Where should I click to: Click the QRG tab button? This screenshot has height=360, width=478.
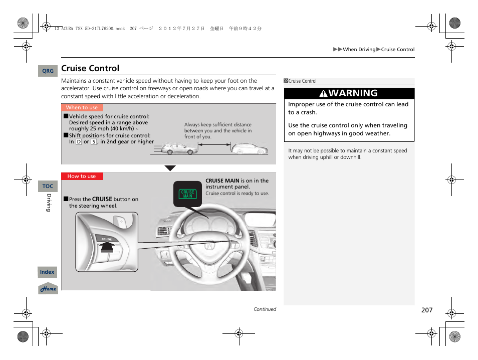(48, 71)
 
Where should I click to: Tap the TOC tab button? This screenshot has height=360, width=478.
(48, 186)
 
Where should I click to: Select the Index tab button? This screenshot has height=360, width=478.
(47, 272)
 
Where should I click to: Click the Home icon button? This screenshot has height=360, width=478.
(48, 289)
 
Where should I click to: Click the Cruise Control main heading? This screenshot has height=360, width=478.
(90, 68)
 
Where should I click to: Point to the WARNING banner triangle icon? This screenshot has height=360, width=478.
(324, 94)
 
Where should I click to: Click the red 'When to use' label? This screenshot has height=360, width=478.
(82, 107)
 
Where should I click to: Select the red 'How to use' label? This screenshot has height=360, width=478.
(82, 176)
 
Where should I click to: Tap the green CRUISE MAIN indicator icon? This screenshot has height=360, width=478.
(188, 194)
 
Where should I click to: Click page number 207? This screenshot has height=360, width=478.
(426, 310)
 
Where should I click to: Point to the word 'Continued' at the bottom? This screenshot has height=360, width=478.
(265, 309)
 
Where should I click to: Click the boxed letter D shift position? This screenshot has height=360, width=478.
(79, 142)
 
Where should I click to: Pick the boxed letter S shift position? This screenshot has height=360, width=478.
(94, 142)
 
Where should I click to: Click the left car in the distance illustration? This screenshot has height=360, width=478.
(180, 149)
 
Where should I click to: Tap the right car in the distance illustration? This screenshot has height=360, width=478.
(249, 148)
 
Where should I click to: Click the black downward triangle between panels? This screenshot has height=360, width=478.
(170, 168)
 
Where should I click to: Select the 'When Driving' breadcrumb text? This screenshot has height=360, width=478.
(359, 50)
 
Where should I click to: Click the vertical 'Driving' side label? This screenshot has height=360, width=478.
(49, 203)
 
